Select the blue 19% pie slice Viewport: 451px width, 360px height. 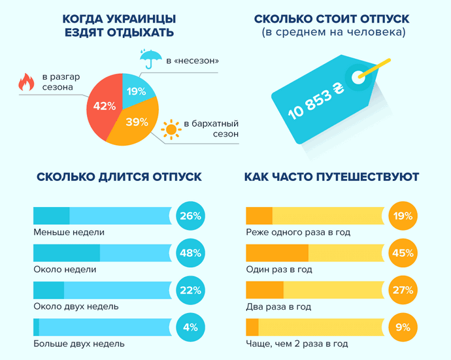137,92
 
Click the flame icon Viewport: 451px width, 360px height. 26,82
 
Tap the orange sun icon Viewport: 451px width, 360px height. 172,129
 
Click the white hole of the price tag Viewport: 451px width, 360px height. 358,77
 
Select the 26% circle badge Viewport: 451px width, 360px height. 190,216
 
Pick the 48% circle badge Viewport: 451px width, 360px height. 190,254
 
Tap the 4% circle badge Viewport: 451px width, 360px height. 190,327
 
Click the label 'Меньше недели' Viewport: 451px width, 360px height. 69,232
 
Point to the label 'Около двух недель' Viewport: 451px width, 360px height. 76,306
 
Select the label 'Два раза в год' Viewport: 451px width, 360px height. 278,306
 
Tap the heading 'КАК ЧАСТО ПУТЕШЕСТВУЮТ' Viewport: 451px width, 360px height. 332,177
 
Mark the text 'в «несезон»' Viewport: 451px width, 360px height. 192,61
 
